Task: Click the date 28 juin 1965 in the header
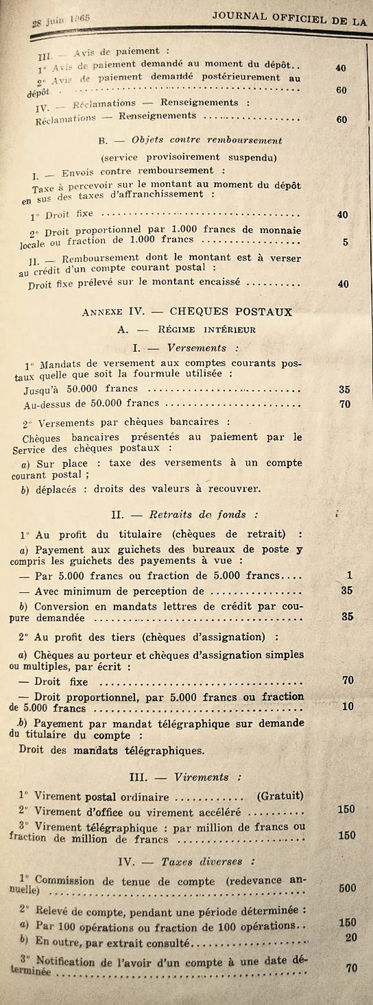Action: [x=60, y=19]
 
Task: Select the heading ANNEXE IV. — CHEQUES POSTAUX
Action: [x=186, y=311]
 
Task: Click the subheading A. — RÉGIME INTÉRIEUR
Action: [x=186, y=329]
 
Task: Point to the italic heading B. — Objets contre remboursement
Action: [x=190, y=140]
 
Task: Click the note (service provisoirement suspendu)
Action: [x=190, y=157]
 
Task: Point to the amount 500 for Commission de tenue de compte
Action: [x=348, y=888]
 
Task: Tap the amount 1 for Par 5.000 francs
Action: [x=351, y=576]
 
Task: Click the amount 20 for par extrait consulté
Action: [x=351, y=937]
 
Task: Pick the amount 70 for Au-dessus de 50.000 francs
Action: [x=344, y=405]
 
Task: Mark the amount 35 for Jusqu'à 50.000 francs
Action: [x=344, y=390]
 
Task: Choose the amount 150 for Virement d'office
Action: [x=346, y=809]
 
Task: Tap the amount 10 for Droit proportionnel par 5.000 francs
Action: [x=348, y=707]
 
